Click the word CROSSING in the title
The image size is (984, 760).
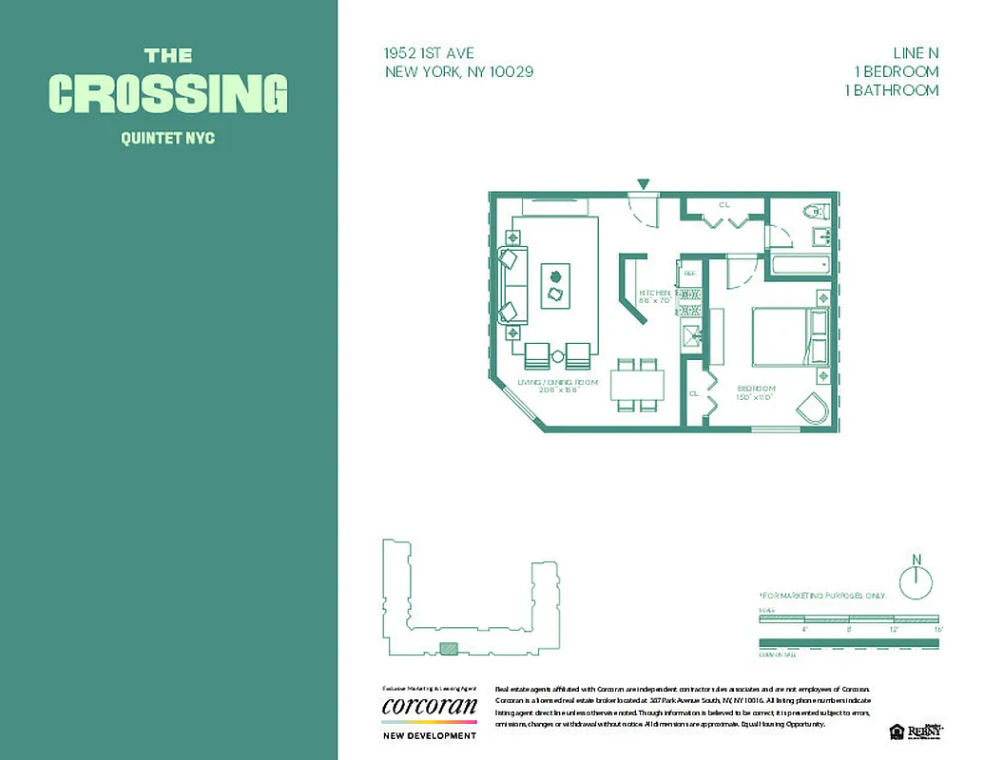point(168,94)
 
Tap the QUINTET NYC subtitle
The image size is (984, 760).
point(168,139)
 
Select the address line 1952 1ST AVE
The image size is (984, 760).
point(429,53)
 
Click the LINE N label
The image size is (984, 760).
point(916,53)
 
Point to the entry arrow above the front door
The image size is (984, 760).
point(644,184)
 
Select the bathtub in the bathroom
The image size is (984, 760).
point(801,263)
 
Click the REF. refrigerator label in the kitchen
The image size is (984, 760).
point(690,273)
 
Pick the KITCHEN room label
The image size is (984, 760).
point(656,294)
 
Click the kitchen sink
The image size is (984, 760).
point(692,333)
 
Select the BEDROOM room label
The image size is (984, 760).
point(756,389)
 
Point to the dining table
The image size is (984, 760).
point(637,385)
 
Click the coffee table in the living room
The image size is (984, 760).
point(555,285)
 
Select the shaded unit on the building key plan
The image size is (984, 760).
point(449,649)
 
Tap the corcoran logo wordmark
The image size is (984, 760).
point(429,707)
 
